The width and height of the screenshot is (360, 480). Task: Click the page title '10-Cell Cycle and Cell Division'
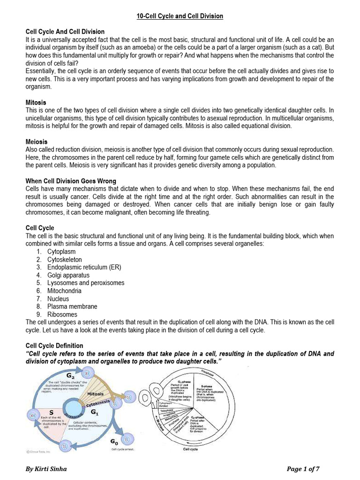[x=180, y=16]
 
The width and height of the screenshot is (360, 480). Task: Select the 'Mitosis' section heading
[x=36, y=102]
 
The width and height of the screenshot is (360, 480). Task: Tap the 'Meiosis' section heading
[x=37, y=142]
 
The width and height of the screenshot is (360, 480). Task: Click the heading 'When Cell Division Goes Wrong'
[x=71, y=181]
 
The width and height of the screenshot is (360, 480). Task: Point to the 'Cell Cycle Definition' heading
[x=54, y=346]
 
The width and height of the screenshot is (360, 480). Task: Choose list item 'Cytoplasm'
[x=61, y=252]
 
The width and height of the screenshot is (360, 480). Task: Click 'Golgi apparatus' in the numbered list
[x=68, y=275]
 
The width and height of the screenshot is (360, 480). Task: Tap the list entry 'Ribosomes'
[x=62, y=315]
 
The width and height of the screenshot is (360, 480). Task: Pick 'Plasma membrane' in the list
[x=72, y=307]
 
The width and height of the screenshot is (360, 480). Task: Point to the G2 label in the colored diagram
[x=70, y=376]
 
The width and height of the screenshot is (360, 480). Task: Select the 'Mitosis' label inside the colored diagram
[x=95, y=394]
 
